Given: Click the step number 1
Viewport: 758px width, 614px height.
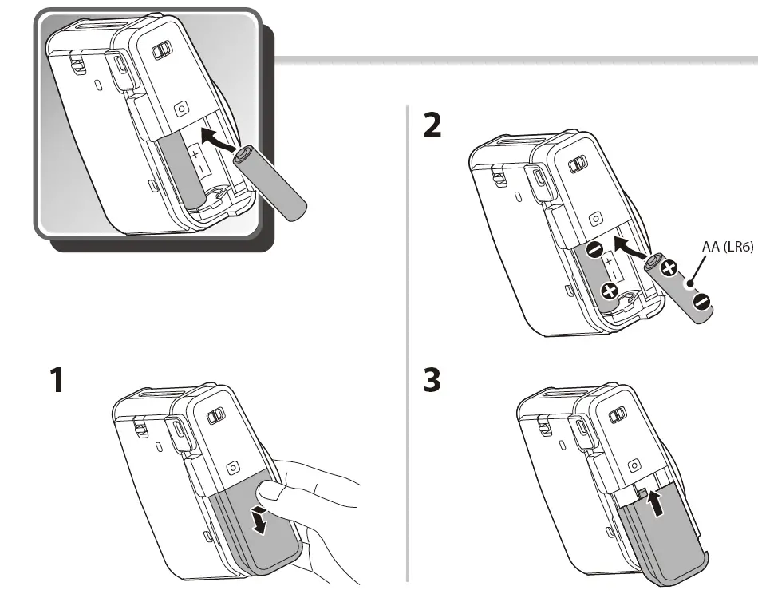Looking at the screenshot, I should pyautogui.click(x=56, y=380).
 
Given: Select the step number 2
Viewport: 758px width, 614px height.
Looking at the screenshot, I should pyautogui.click(x=432, y=126).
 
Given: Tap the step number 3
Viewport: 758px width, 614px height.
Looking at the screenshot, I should pyautogui.click(x=432, y=380).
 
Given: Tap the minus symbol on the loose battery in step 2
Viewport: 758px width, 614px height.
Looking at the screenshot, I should pyautogui.click(x=701, y=301).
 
